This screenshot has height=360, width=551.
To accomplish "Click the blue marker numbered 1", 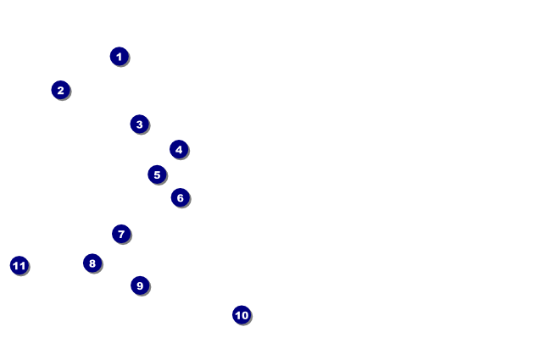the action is point(120,56).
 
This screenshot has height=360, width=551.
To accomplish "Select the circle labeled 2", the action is point(60,90).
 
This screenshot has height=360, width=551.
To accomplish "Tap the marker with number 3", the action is point(140,124).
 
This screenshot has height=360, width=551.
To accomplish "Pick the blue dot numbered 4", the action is point(179,149).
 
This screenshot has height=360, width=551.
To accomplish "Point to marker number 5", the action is point(157,174).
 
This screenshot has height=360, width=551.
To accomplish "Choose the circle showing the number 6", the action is point(181,197).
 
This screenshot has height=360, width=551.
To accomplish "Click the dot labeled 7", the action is point(121,234).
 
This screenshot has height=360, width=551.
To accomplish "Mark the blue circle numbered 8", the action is point(92,263).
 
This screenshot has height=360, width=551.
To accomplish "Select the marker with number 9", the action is point(140,285).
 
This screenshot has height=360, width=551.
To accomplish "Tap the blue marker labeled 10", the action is point(242,315).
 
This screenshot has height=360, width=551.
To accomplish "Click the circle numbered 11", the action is point(19,265).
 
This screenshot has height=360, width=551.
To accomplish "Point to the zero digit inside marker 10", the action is point(245,315).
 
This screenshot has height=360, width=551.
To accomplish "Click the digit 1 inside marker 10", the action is point(237,315).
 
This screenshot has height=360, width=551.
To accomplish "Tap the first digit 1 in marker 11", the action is point(16,266).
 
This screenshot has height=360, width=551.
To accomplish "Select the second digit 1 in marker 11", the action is point(23,266).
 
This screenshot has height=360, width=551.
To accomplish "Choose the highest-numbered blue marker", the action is point(19,265).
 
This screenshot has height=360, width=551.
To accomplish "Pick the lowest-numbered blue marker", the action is point(120,56).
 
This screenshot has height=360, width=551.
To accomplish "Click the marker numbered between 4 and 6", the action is point(157,174).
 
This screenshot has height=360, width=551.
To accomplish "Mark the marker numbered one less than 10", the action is point(140,285).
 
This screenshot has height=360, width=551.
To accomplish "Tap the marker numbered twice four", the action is point(92,263).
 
